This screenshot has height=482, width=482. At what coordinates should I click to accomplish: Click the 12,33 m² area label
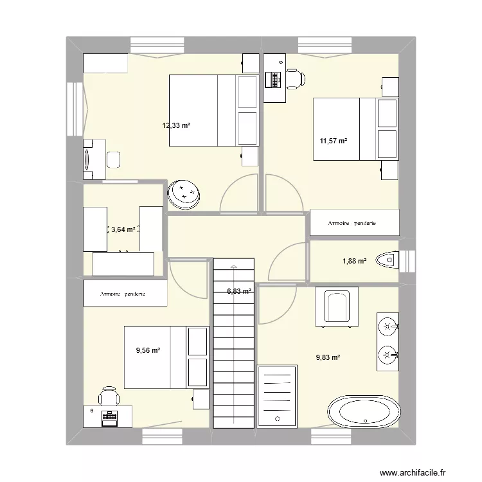point(176,125)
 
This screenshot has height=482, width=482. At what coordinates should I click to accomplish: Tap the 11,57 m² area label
point(334,141)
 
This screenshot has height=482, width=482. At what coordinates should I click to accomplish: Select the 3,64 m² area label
point(123,229)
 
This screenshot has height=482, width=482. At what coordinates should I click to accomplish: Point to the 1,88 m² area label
point(354,261)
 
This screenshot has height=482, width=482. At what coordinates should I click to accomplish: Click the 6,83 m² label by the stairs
point(239,291)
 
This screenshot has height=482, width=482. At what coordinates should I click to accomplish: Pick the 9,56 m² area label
point(147,350)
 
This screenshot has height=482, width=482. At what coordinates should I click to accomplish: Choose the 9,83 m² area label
point(328,359)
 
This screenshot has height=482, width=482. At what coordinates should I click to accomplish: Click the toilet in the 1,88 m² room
point(387,260)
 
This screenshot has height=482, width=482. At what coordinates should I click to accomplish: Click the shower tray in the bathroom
point(278,395)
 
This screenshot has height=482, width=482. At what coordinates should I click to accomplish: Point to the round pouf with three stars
point(184,193)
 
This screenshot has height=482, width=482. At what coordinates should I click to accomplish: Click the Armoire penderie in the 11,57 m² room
point(355,223)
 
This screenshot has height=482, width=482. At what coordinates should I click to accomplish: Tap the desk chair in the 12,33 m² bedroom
point(114,158)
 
